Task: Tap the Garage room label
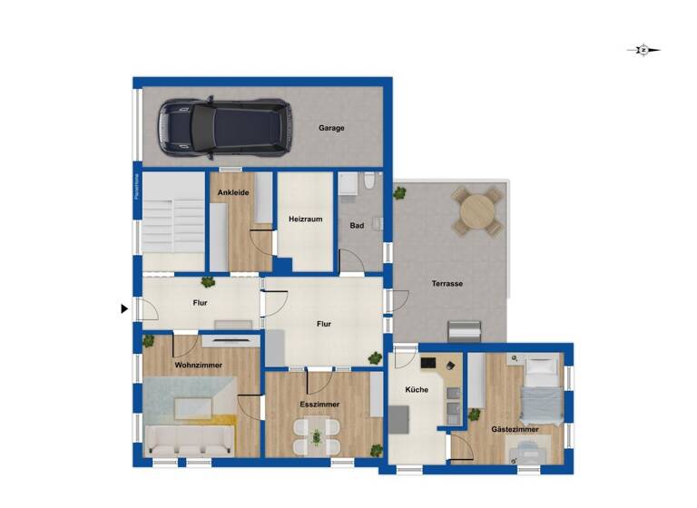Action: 331,128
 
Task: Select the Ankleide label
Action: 233,192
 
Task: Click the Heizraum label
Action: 306,220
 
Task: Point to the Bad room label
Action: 357,226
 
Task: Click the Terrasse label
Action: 447,284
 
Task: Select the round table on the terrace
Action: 477,212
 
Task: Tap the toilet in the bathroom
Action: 368,181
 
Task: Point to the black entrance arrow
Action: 124,309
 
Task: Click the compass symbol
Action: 643,51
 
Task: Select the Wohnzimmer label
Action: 199,365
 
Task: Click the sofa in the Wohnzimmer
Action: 189,443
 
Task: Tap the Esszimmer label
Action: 319,404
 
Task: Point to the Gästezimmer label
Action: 515,429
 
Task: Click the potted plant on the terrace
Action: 399,193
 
